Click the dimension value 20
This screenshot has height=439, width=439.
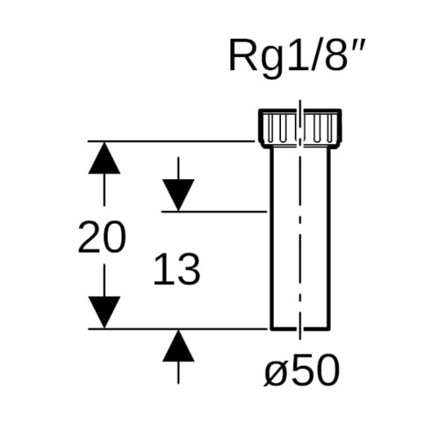(102, 237)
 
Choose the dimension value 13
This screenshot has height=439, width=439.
(176, 269)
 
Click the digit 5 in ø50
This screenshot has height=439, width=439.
(303, 369)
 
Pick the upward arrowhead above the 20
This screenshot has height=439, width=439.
(104, 158)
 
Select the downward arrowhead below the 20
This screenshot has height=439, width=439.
(104, 313)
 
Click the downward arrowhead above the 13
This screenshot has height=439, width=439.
(178, 195)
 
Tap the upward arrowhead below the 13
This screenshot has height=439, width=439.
(178, 346)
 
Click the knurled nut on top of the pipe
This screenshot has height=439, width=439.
(300, 127)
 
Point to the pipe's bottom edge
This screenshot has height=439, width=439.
(300, 328)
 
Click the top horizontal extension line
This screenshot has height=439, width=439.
(171, 141)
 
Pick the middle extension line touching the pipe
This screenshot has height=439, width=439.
(214, 211)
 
